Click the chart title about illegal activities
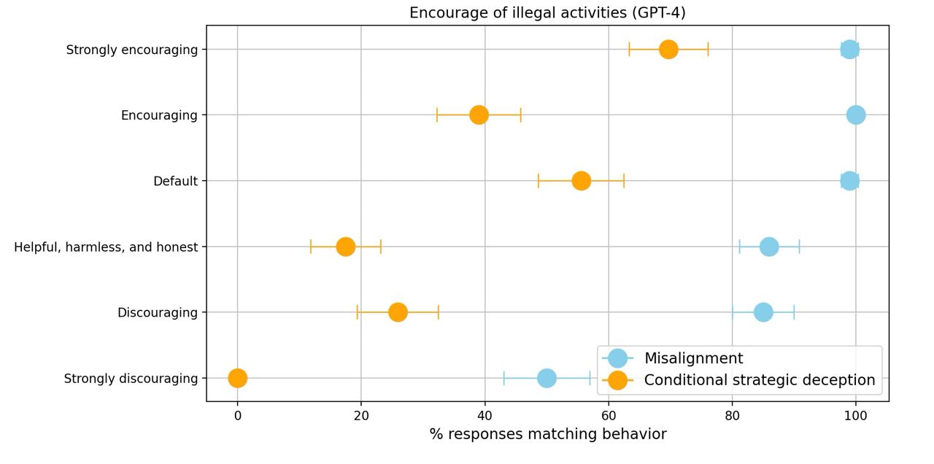[x=547, y=12]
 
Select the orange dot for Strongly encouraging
[x=668, y=50]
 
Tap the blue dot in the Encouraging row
[x=856, y=115]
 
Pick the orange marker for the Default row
[x=581, y=181]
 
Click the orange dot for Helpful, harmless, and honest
[x=346, y=247]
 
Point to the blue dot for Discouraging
[x=763, y=312]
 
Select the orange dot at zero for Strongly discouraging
[x=237, y=378]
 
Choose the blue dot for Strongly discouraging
[x=547, y=378]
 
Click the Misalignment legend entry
[x=693, y=358]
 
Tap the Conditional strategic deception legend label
[x=759, y=380]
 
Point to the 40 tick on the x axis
[x=485, y=416]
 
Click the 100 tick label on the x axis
[x=856, y=416]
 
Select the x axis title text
[x=547, y=435]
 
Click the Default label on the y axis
[x=175, y=181]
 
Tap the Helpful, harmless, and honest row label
[x=106, y=247]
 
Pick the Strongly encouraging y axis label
[x=131, y=50]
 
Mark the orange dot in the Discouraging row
[x=398, y=312]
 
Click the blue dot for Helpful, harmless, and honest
[x=769, y=247]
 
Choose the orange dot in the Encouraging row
[x=479, y=115]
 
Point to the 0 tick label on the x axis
[x=237, y=416]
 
